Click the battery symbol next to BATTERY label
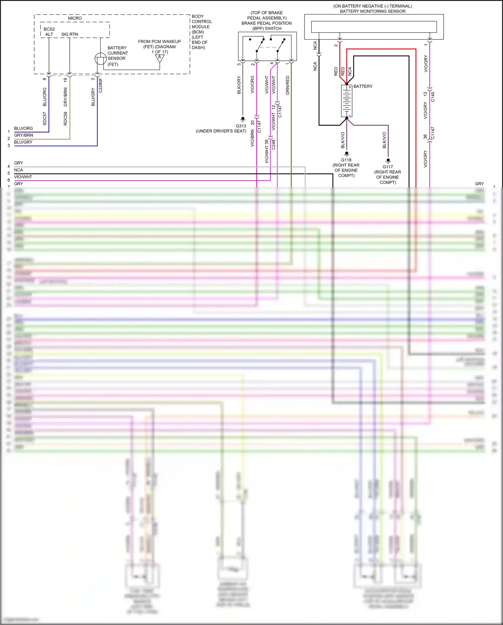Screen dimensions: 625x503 pos(346,101)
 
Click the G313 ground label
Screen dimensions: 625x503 pos(241,126)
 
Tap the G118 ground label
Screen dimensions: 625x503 pos(346,160)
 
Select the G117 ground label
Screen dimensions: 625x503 pos(388,167)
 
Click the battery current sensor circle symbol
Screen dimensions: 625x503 pos(100,59)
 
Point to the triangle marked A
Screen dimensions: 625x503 pos(160,58)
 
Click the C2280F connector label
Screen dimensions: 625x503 pos(100,85)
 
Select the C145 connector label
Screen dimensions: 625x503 pos(433,97)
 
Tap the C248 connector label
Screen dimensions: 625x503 pos(273,145)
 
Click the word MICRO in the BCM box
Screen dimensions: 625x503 pos(75,18)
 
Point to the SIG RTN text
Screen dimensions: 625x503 pos(69,34)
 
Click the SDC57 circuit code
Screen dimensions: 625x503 pos(45,119)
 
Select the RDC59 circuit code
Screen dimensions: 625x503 pos(65,119)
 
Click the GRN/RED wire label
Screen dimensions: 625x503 pos(287,85)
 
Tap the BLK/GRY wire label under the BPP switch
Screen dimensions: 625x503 pos(239,85)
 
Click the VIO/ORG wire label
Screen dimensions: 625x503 pos(252,85)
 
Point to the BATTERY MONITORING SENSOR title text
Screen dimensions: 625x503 pos(372,11)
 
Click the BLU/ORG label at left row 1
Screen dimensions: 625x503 pos(23,128)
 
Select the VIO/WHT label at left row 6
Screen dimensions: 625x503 pos(23,177)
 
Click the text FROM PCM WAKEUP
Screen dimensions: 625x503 pos(159,42)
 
